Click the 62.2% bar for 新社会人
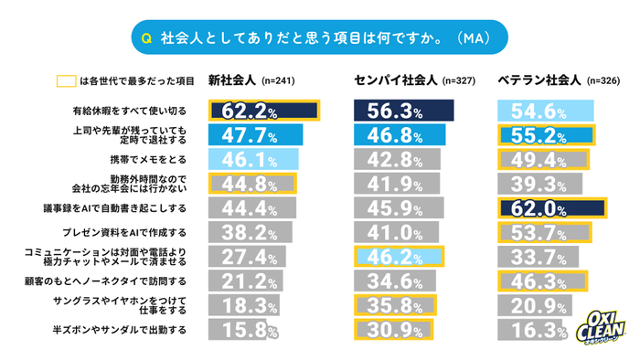click(263, 111)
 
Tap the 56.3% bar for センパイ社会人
click(403, 111)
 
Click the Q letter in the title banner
click(146, 38)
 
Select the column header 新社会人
click(232, 79)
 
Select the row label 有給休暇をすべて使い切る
click(135, 111)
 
